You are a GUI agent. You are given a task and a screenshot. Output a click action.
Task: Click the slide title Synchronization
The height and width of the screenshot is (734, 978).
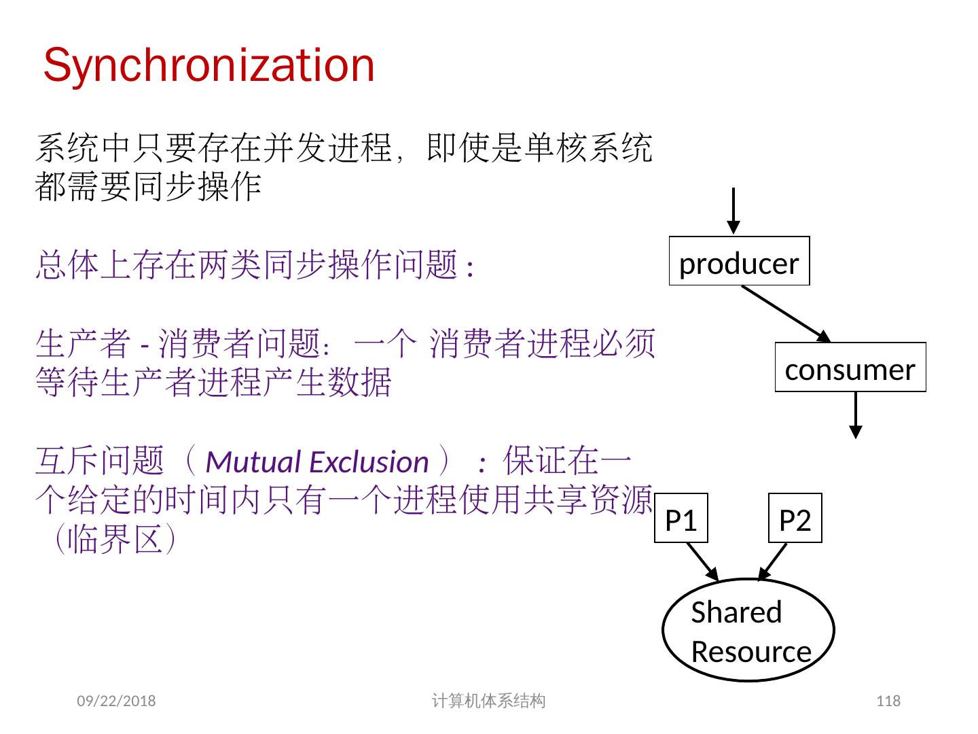coord(209,66)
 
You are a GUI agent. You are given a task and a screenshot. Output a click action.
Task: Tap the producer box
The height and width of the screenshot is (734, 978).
coord(739,261)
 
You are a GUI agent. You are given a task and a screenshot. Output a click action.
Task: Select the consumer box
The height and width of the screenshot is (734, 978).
coord(850,367)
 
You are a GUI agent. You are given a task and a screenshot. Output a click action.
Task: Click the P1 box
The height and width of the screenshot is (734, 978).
coord(681,518)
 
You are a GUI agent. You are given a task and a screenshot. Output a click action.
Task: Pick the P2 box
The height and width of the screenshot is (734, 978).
coord(795,518)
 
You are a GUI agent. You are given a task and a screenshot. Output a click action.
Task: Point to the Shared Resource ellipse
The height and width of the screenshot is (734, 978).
coord(748,630)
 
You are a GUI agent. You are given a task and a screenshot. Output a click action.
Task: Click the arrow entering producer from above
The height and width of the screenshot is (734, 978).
coord(733,211)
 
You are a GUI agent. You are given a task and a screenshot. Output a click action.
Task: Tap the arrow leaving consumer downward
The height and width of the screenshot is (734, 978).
coord(856,415)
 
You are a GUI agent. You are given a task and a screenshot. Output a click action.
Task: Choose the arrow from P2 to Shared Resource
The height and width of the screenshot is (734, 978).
coord(773,561)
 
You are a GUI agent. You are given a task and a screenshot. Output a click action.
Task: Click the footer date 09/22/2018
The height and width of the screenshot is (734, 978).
coord(116,701)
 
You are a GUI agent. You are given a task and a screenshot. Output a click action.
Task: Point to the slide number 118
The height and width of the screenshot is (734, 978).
coord(888,701)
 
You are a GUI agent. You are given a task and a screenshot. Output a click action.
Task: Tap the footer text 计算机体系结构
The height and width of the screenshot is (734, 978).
coord(488,701)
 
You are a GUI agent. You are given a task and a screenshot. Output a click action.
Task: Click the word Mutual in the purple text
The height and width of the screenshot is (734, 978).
coord(248,462)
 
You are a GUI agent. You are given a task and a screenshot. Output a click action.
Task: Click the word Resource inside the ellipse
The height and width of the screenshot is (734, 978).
coord(751,652)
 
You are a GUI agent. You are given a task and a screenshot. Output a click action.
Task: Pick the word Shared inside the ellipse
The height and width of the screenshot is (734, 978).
coord(736,612)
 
